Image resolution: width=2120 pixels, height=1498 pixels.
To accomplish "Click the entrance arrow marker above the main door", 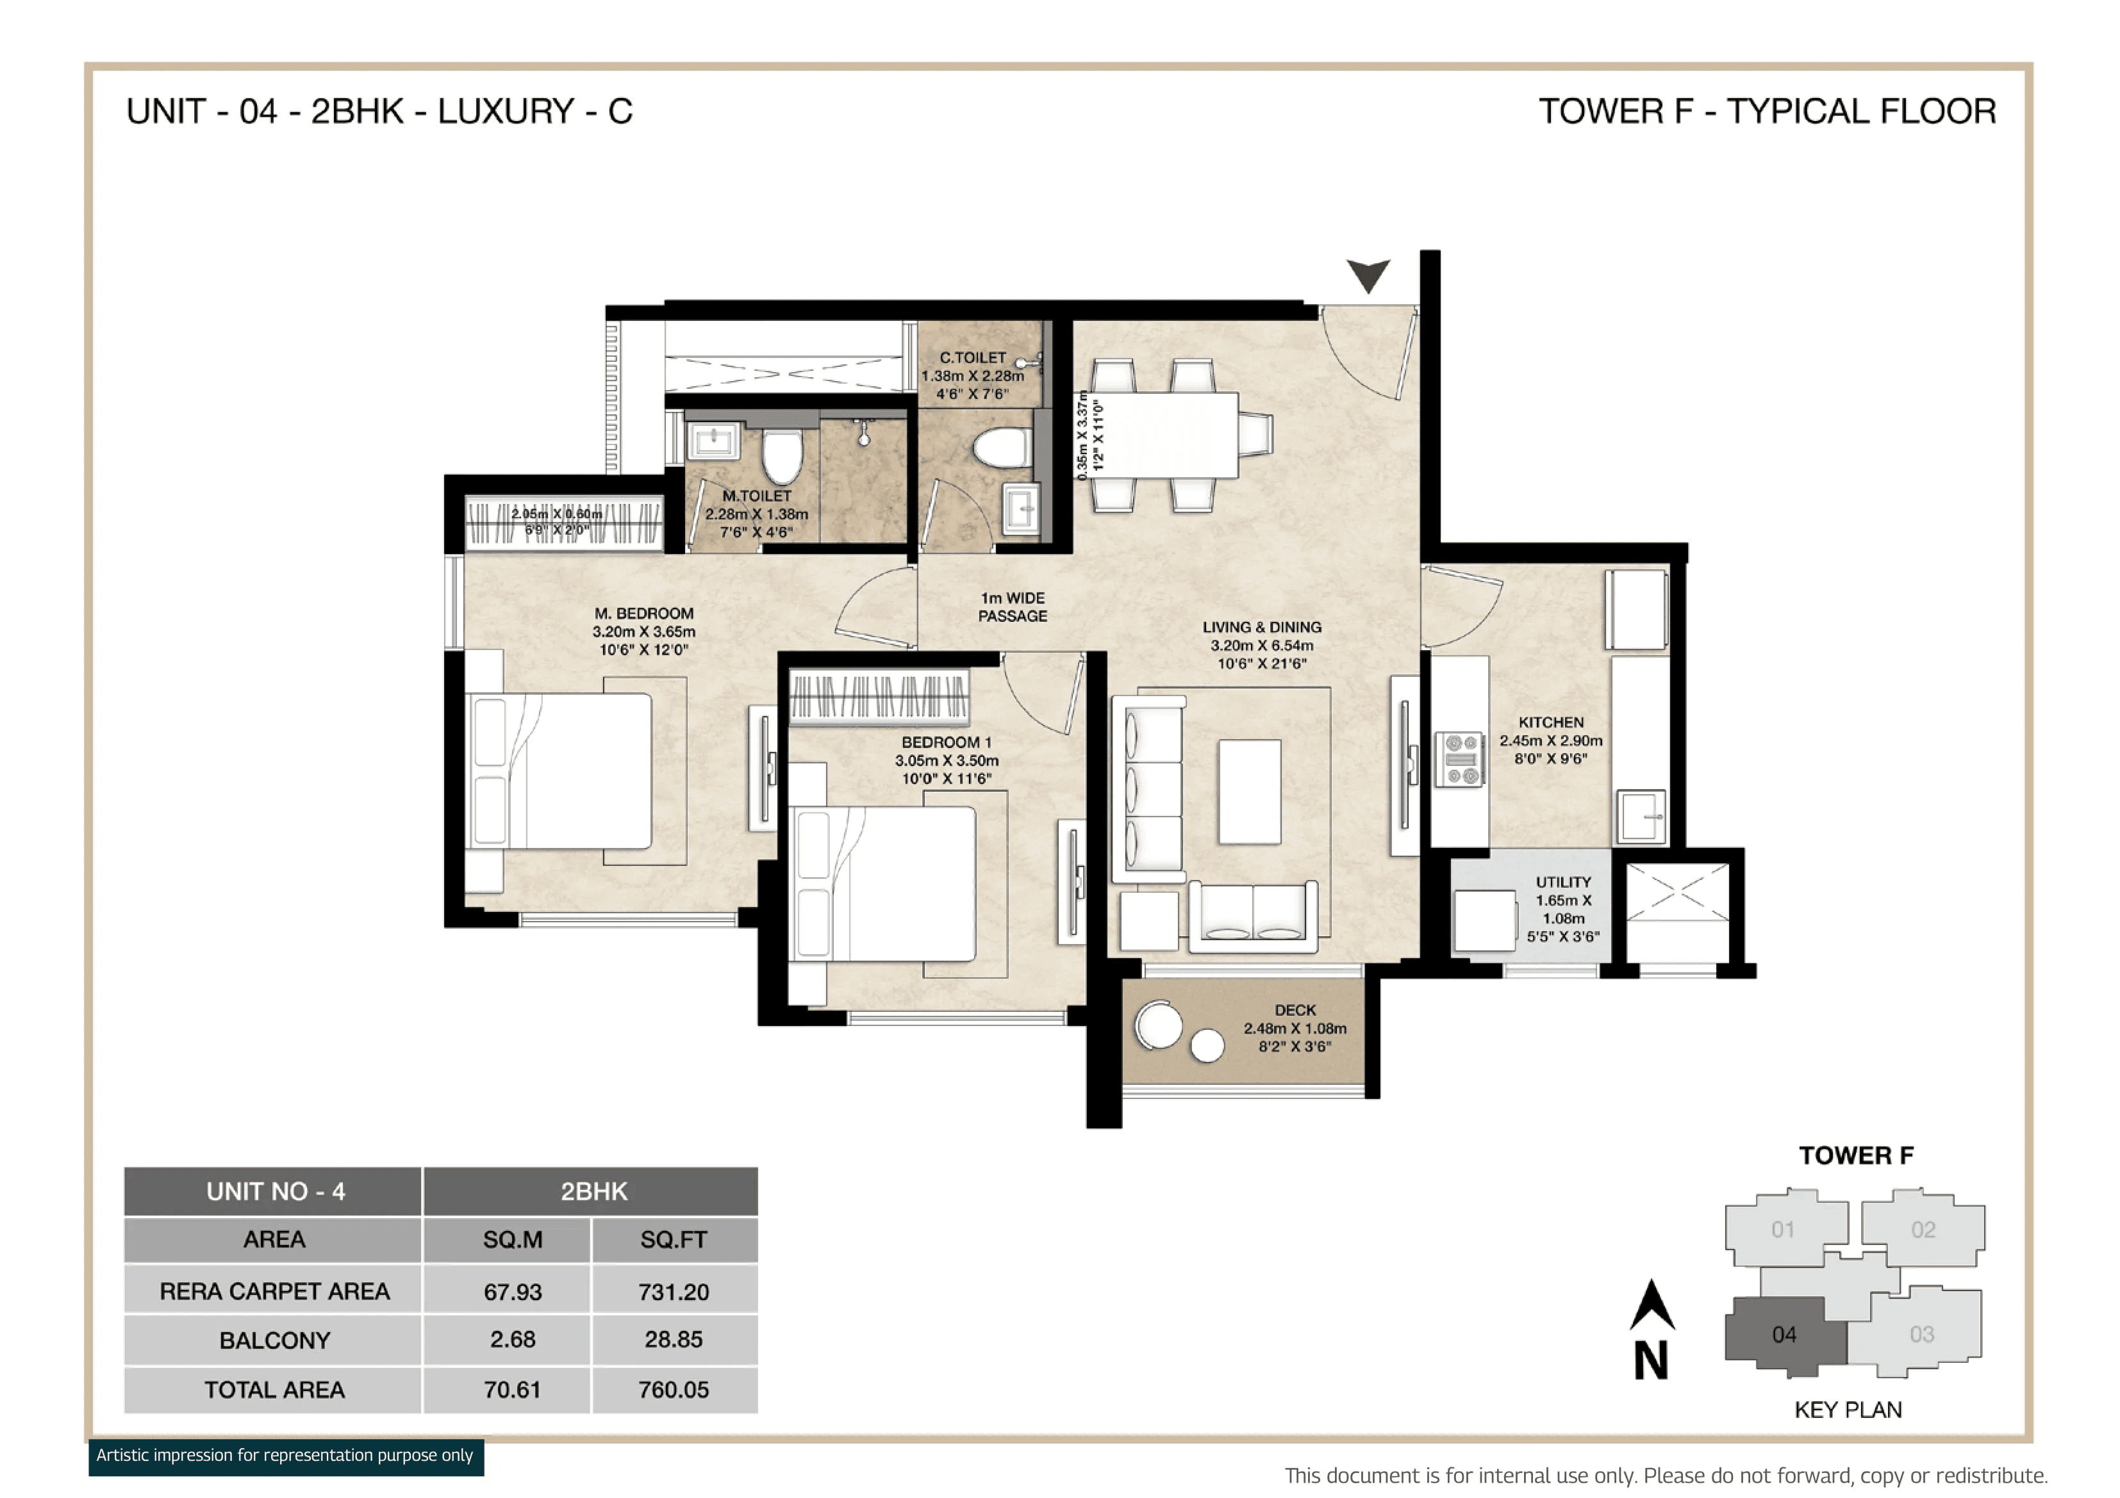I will (x=1368, y=274).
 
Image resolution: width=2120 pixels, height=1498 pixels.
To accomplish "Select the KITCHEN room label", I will (x=1550, y=722).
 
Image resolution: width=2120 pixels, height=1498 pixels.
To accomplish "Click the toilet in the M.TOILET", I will (x=783, y=456).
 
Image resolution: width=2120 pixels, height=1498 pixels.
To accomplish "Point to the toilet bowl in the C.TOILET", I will (x=1002, y=448).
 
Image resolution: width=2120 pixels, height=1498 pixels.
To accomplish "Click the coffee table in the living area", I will (x=1249, y=791).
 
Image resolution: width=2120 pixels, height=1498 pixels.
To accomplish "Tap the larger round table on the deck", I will (x=1158, y=1025).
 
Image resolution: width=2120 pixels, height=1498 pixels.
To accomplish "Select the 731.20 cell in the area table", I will (x=673, y=1291).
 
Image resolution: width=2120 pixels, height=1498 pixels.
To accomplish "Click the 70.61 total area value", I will (x=513, y=1389).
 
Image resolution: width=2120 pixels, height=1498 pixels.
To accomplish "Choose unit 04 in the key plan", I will (x=1783, y=1333).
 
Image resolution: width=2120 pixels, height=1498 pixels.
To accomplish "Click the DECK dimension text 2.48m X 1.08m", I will (x=1295, y=1028).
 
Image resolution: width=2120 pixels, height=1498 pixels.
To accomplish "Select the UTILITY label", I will (x=1563, y=881).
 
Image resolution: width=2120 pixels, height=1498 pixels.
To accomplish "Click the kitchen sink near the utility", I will (x=1641, y=816).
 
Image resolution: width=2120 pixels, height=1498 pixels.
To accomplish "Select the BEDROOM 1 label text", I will (x=947, y=742).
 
